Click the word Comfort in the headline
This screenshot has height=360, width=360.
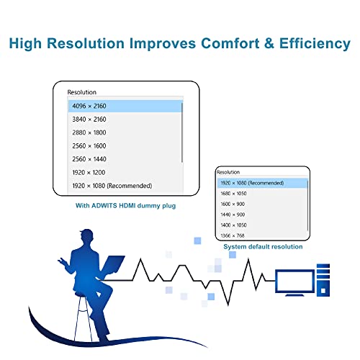pos(230,43)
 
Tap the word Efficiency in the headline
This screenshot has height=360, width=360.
pos(315,44)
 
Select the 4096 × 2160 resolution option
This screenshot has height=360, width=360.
pos(89,106)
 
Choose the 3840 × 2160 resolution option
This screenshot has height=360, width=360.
pos(89,120)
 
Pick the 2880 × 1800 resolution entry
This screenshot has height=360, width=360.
pos(89,132)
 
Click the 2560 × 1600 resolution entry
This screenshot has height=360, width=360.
pos(89,146)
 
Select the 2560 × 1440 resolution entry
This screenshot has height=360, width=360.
pos(89,159)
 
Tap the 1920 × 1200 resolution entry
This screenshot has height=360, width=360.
pos(89,172)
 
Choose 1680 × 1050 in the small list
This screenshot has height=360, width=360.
pos(233,194)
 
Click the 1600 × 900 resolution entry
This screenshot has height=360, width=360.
pos(233,204)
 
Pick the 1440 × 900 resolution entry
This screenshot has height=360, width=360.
pos(233,215)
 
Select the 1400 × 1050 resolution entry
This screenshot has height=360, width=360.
pos(233,225)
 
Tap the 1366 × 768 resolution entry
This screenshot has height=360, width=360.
pos(233,235)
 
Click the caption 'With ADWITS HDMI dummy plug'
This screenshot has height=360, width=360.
pos(125,206)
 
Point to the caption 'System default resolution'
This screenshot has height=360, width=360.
pos(263,247)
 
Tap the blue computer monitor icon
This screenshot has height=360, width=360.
pos(294,283)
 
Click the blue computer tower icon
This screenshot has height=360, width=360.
pos(323,280)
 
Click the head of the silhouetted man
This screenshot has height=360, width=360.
pos(86,236)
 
